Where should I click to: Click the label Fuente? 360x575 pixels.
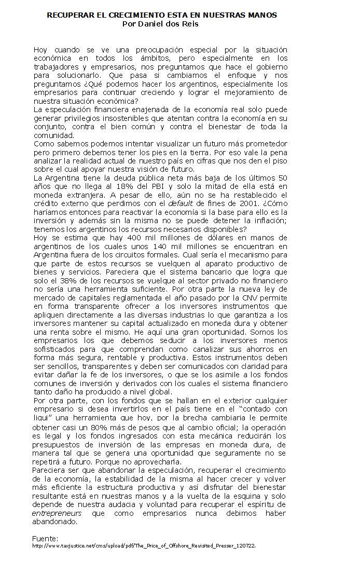click(45, 538)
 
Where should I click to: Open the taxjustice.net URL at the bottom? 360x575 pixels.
click(144, 546)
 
